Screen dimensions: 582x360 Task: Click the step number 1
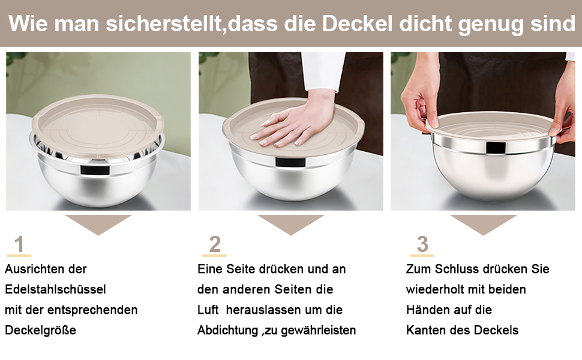point(19,245)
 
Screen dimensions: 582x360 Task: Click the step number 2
point(215,245)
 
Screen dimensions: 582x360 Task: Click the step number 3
point(422,245)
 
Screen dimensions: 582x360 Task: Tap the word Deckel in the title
point(357,24)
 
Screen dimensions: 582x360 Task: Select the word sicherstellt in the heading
point(163,24)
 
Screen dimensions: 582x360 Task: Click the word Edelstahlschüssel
point(55,289)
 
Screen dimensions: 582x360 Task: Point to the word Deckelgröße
point(40,330)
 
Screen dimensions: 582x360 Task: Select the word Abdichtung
point(227,330)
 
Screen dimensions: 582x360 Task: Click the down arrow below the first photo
point(98,224)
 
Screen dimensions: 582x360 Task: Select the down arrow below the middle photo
point(291,224)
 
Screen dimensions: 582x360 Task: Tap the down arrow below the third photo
point(483,224)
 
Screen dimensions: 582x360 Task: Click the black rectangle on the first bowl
point(95,170)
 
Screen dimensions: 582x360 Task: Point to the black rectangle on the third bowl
point(496,148)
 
